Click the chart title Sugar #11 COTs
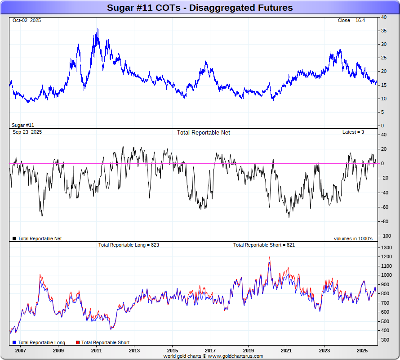point(200,8)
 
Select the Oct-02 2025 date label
point(27,21)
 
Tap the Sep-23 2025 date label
point(27,132)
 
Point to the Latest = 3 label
point(353,132)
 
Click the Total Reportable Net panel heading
point(203,133)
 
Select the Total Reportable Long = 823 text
point(129,245)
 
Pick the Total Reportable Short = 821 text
point(264,245)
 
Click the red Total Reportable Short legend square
point(77,343)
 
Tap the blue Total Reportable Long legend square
point(14,343)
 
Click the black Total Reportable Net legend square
point(14,238)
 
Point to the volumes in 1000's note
point(353,238)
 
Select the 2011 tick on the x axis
point(97,350)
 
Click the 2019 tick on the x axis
point(249,350)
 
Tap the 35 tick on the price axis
point(384,31)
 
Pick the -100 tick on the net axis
point(385,236)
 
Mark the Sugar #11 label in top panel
point(23,125)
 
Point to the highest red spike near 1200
point(269,257)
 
